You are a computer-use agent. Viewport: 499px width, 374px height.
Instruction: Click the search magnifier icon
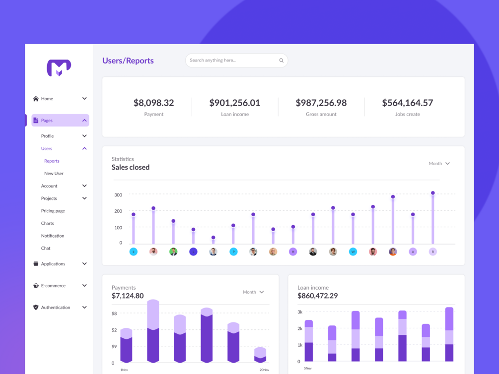281,61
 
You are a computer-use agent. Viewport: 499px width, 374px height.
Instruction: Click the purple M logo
59,68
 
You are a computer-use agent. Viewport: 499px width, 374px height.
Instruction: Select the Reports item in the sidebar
52,161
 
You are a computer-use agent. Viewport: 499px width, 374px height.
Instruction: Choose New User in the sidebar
54,174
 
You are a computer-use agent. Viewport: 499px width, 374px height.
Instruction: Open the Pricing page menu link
53,211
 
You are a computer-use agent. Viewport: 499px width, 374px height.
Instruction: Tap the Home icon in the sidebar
36,99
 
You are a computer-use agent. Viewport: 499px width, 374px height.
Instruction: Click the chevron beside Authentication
84,308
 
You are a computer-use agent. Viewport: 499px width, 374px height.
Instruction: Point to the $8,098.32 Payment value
153,103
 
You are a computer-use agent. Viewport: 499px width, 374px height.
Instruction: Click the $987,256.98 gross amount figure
321,103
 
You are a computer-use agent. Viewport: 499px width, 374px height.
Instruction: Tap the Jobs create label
408,114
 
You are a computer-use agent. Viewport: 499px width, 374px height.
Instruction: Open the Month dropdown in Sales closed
439,164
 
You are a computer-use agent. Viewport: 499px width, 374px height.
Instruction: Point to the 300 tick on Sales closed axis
118,195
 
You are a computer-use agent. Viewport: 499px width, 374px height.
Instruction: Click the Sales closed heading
131,168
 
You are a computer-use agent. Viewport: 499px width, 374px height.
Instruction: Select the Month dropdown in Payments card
253,292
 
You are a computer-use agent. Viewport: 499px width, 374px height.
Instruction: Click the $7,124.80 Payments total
128,296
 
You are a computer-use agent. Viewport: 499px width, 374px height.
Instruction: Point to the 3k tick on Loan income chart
300,312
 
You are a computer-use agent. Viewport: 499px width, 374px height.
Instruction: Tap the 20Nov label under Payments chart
264,370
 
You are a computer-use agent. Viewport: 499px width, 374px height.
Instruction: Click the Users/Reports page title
128,61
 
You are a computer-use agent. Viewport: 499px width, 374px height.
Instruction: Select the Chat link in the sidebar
46,248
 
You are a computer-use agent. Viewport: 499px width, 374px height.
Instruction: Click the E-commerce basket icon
36,286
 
